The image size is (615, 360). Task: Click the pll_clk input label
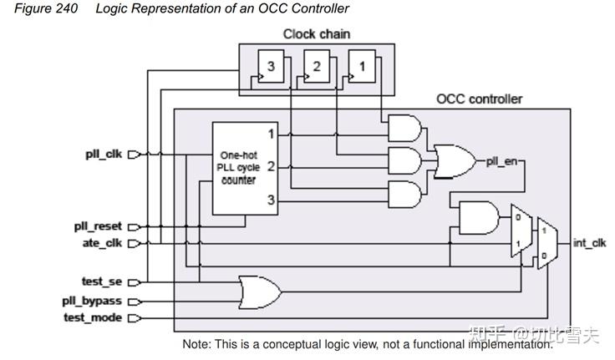[x=103, y=155]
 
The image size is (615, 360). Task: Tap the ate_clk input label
[x=103, y=243]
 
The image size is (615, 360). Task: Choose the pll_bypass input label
[x=91, y=301]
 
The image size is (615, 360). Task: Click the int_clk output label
[x=589, y=243]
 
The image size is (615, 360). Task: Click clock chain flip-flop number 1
[x=362, y=68]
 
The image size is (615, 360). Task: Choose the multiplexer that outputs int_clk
[x=546, y=243]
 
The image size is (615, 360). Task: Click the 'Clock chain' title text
[x=317, y=34]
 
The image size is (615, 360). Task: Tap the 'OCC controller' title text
[x=479, y=99]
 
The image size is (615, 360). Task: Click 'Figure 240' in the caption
[x=46, y=8]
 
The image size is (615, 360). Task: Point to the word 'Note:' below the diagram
[x=197, y=344]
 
